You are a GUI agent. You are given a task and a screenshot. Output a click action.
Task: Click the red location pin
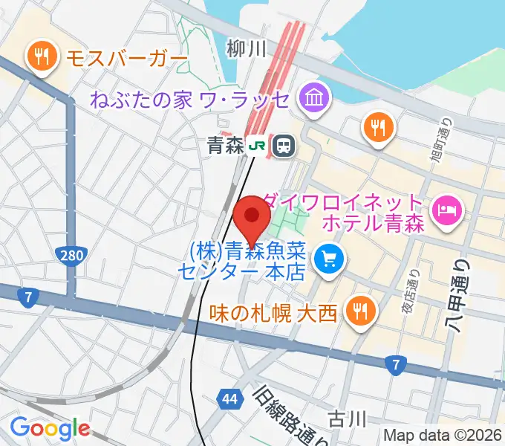click(252, 218)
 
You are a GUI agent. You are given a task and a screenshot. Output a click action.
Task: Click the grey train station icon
click(282, 146)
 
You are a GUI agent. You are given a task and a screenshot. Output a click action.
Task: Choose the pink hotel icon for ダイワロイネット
click(446, 211)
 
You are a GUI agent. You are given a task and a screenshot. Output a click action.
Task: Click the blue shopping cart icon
click(328, 259)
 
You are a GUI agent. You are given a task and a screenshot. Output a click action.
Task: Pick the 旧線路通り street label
click(290, 418)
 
